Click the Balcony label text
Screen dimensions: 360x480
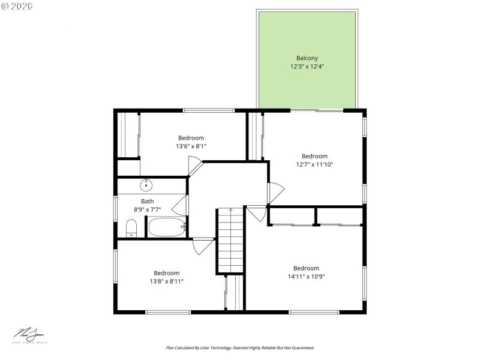[307, 58]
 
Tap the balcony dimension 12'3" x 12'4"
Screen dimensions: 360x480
[307, 67]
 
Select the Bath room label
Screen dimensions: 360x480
[147, 201]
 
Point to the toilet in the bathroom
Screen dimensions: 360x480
[131, 228]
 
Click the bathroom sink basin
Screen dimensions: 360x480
[146, 185]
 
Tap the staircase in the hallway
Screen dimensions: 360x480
[230, 240]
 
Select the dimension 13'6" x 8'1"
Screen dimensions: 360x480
[191, 146]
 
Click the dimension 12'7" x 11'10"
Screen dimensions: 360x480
[314, 164]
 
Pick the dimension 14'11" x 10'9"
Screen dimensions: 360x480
[306, 277]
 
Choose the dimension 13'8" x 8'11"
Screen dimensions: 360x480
[166, 281]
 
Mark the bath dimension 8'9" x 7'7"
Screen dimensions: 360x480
[147, 209]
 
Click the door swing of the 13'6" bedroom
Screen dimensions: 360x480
[195, 165]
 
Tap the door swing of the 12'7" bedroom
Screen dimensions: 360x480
[275, 193]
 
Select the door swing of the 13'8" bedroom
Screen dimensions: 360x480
[202, 246]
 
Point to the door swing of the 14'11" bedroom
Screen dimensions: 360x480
[256, 213]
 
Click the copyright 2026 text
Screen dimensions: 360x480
[17, 5]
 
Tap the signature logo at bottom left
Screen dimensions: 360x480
[30, 335]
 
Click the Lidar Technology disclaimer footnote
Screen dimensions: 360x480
[239, 347]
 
